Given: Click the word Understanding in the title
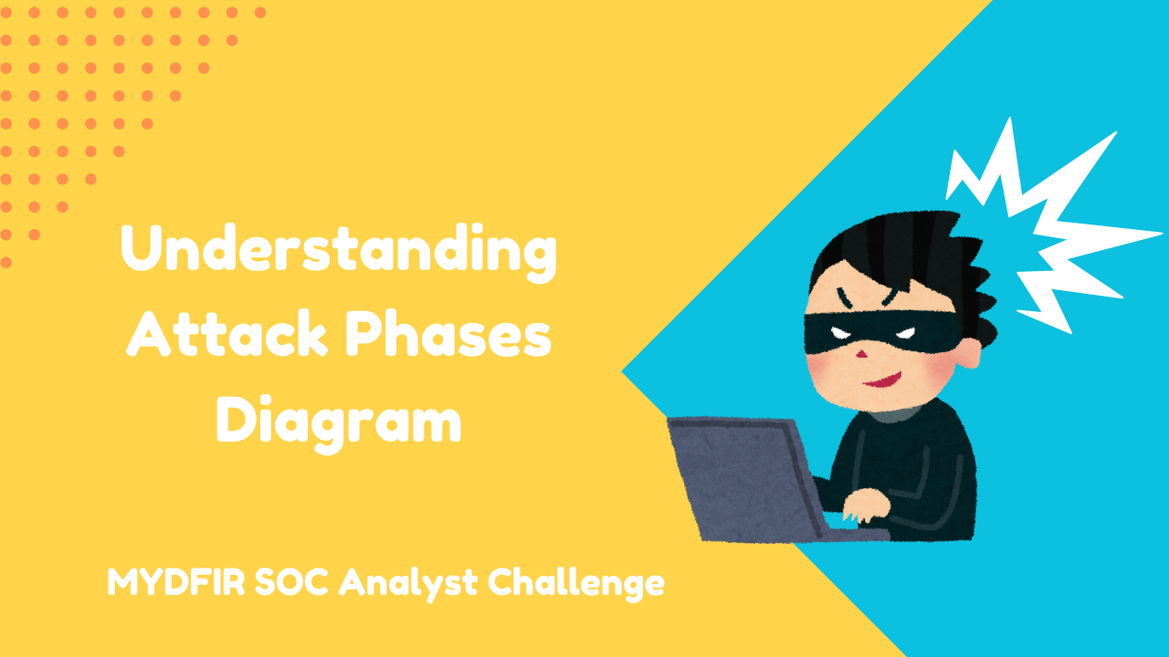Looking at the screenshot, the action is point(339,253).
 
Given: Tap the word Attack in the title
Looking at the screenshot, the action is point(226,333).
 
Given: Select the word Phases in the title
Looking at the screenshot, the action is point(448,333).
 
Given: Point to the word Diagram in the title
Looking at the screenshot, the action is point(339,422).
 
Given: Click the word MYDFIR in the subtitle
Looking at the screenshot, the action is point(176,581).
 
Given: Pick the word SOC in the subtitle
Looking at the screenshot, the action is point(291,581).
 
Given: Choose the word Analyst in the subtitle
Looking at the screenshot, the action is point(408,583).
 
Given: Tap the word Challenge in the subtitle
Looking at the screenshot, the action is point(576,583).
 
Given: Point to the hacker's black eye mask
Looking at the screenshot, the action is point(883,331).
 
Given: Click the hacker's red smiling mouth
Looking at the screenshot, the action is point(883,381).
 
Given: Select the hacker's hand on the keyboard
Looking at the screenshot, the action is point(867,505).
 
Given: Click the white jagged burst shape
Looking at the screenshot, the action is point(1049,229).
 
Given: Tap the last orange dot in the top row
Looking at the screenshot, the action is point(260,13).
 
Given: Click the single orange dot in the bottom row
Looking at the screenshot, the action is point(6,262).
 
